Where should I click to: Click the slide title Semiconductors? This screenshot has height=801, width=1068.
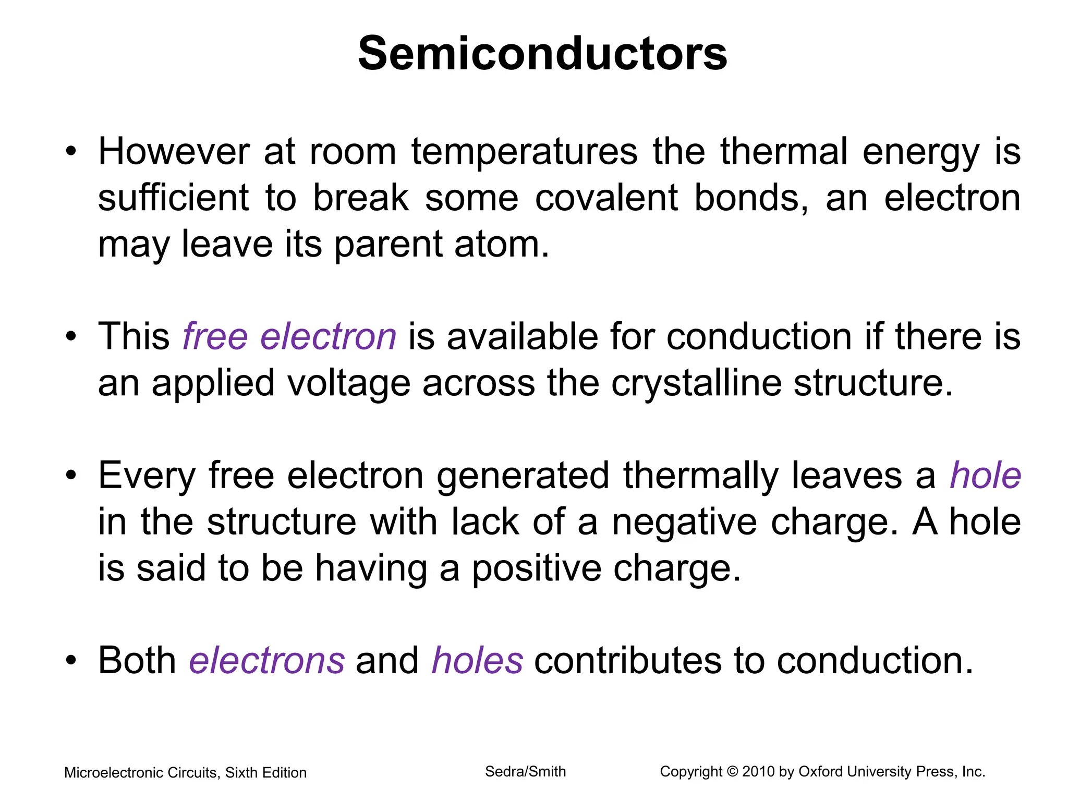coord(542,54)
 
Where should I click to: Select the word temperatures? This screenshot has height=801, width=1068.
coord(524,152)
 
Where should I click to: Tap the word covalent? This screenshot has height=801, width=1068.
coord(606,198)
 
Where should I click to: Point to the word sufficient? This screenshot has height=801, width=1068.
coord(174,198)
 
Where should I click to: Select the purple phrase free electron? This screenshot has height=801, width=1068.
coord(289,336)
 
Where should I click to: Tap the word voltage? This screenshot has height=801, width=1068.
coord(349,383)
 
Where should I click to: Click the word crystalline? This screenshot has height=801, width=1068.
coord(696,383)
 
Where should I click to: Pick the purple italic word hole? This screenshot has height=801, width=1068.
coord(985,475)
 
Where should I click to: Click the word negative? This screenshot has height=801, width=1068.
coord(685,521)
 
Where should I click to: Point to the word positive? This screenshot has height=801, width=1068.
coord(537,568)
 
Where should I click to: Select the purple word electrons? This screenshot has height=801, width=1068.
coord(266,660)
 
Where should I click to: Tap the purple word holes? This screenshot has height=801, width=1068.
coord(477,660)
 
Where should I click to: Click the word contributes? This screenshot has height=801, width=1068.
coord(628,660)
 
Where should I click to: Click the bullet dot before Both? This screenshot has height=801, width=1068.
coord(71,661)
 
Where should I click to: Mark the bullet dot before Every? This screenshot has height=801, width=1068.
coord(71,476)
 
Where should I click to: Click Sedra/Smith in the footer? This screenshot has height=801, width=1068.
coord(525,772)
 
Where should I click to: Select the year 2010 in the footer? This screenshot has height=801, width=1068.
coord(758,772)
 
